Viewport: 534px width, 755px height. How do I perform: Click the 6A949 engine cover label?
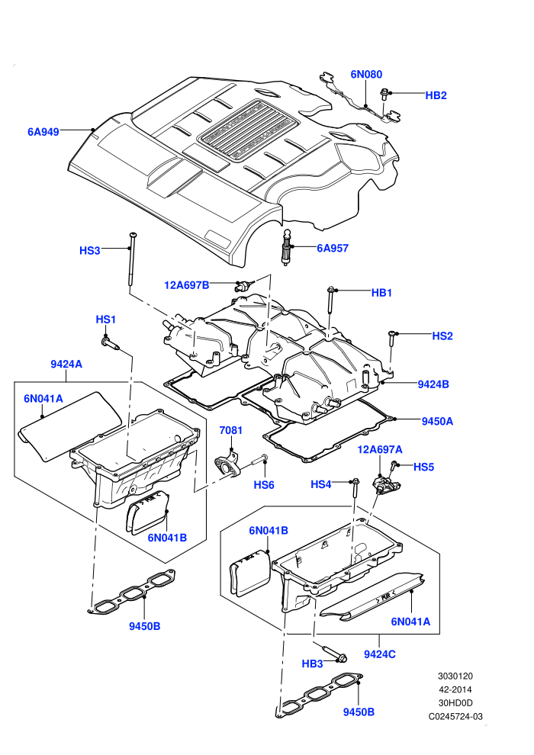point(43,131)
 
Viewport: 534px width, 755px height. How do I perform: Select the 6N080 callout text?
point(366,74)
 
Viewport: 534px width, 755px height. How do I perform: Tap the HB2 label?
point(436,95)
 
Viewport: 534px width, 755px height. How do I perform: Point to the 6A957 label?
point(333,249)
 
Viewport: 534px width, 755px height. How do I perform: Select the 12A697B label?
point(187,285)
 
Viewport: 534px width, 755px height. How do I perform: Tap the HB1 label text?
point(382,293)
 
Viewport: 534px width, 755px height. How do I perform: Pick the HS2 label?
point(442,336)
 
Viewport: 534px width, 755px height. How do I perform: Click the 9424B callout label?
point(433,384)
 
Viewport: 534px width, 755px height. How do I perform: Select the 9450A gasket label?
point(437,421)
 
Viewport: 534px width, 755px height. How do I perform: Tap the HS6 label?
point(264,485)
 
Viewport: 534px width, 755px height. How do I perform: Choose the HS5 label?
point(423,467)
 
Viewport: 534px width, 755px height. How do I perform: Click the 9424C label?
point(380,654)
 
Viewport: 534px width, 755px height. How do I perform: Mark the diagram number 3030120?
point(455,676)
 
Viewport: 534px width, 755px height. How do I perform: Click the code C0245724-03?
point(455,716)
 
